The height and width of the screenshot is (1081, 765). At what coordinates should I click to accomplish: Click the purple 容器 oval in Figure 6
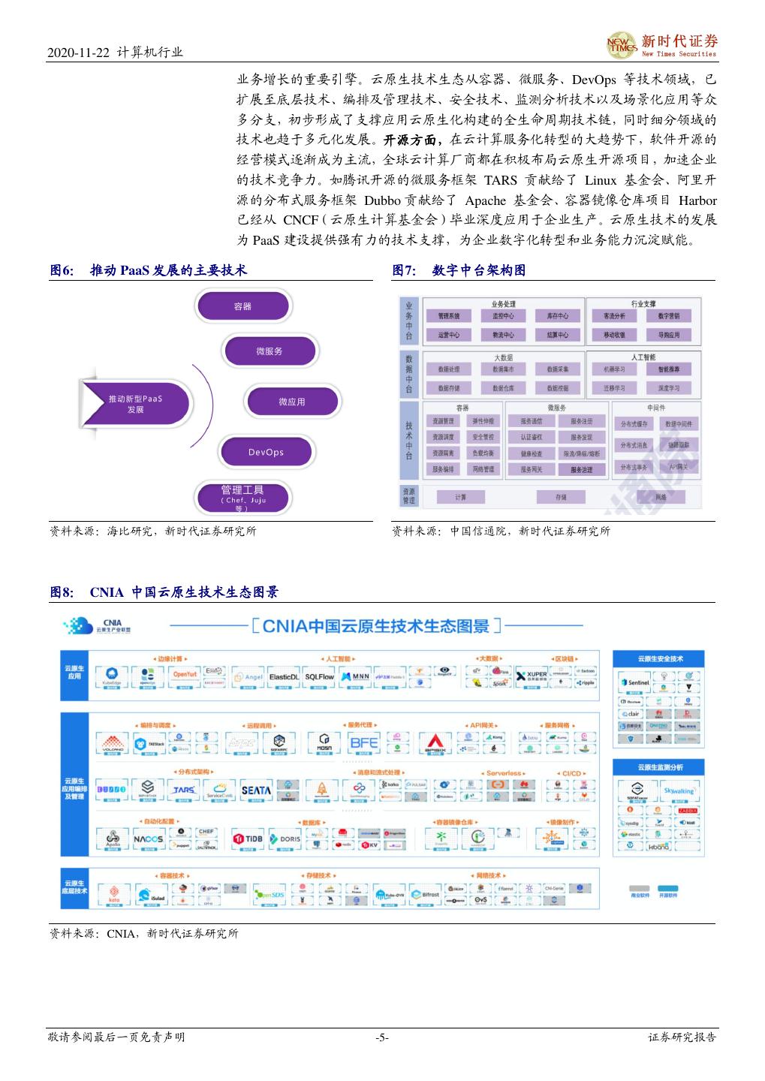click(242, 306)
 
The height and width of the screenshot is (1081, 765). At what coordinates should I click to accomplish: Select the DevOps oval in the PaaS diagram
click(266, 452)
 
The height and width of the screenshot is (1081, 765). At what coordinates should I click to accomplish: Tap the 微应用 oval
click(291, 402)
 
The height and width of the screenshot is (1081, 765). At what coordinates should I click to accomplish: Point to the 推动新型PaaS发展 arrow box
click(135, 404)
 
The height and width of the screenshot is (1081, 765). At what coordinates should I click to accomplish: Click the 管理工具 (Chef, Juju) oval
click(242, 496)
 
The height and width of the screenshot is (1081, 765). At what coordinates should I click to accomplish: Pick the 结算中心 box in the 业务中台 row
click(557, 335)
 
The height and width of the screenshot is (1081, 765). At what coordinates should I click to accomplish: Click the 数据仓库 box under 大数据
click(503, 388)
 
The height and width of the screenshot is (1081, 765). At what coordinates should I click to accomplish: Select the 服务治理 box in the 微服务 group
click(581, 469)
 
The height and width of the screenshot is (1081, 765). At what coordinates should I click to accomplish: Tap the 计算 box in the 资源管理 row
click(460, 497)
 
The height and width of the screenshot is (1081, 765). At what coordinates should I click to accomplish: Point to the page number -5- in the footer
click(382, 1037)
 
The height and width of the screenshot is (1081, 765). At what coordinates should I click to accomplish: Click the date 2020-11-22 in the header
click(78, 53)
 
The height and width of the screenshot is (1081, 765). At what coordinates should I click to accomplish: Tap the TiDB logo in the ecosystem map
click(247, 839)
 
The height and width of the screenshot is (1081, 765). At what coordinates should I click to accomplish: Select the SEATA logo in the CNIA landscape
click(256, 790)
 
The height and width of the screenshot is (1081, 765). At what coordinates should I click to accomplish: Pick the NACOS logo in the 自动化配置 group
click(148, 839)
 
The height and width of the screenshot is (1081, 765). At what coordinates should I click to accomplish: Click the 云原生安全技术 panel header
click(660, 658)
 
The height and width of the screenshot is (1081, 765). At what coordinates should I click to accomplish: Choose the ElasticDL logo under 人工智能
click(284, 676)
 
